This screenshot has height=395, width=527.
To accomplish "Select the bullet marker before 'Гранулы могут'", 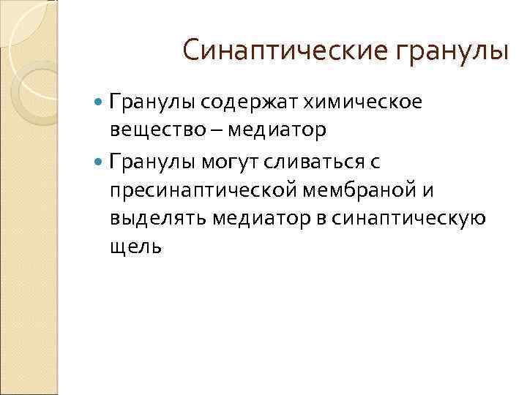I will pos(100,159).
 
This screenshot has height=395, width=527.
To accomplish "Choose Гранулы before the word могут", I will pos(152,159).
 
